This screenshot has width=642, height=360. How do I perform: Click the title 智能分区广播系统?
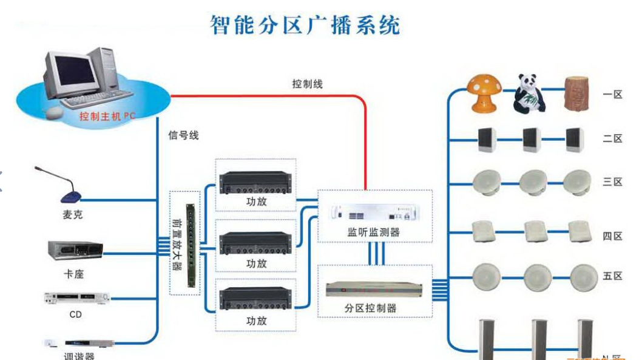pyautogui.click(x=305, y=25)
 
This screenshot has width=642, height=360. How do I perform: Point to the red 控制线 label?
pyautogui.click(x=307, y=84)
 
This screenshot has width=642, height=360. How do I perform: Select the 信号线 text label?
pyautogui.click(x=183, y=135)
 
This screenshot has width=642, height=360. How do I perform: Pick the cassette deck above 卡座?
pyautogui.click(x=75, y=249)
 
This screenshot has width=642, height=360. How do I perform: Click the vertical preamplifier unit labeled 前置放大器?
pyautogui.click(x=184, y=243)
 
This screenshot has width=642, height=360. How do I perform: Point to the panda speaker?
pyautogui.click(x=528, y=94)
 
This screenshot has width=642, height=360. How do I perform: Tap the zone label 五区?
pyautogui.click(x=612, y=276)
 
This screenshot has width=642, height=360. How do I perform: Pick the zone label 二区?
pyautogui.click(x=612, y=139)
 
